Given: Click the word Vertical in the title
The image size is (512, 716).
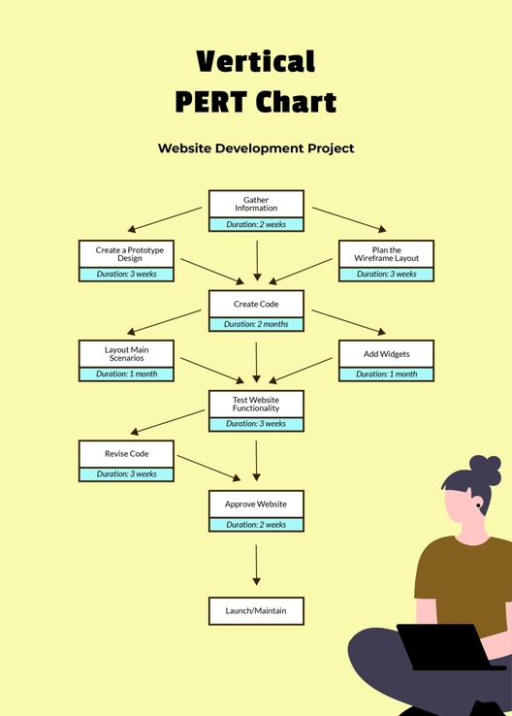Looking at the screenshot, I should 256,62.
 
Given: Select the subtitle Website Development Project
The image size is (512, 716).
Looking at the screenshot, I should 256,148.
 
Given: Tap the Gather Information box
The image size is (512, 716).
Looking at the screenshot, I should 256,204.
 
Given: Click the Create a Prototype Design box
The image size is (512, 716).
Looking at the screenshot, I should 126,254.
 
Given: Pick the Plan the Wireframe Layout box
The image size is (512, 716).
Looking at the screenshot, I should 386,254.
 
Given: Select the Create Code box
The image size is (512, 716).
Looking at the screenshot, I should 256,305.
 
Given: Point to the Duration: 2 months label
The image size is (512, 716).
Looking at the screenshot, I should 256,324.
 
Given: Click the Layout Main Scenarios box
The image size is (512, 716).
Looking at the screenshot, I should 126,354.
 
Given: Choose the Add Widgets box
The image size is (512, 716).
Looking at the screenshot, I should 386,354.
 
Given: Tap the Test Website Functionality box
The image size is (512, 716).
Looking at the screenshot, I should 256,405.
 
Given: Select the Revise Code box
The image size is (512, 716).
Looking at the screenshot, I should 126,454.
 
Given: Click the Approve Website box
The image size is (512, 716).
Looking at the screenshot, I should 256,504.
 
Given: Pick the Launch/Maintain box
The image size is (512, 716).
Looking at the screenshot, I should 256,611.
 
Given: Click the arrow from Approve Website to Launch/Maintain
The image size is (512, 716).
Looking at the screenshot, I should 256,565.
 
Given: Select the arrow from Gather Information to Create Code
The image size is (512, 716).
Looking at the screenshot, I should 256,260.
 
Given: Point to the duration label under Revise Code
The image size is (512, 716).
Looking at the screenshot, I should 126,474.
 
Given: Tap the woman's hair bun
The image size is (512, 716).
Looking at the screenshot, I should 485,469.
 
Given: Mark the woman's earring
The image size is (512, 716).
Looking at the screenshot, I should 478,504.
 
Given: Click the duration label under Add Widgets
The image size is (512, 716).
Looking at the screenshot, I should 386,374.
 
